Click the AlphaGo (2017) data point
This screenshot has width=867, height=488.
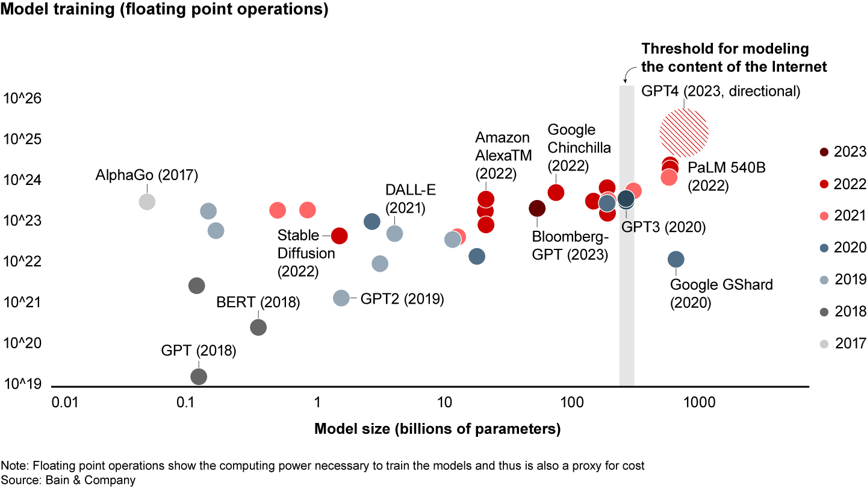(x=147, y=201)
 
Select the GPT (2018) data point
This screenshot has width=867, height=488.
(x=199, y=377)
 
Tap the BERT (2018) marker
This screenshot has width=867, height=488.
(x=258, y=327)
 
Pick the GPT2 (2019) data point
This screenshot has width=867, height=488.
(x=341, y=298)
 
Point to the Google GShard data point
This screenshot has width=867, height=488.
(x=676, y=259)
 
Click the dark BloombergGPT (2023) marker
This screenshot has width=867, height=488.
(x=537, y=208)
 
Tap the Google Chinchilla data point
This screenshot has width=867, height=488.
(x=556, y=192)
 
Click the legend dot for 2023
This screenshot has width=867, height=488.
(x=824, y=152)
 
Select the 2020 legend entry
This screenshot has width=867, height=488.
(x=824, y=248)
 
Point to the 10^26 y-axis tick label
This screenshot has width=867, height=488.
(x=23, y=98)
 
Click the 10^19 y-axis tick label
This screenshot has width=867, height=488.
(x=23, y=384)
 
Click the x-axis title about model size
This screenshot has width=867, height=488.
(x=437, y=430)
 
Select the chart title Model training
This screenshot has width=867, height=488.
(x=164, y=11)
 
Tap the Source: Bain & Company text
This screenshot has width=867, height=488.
(x=68, y=480)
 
